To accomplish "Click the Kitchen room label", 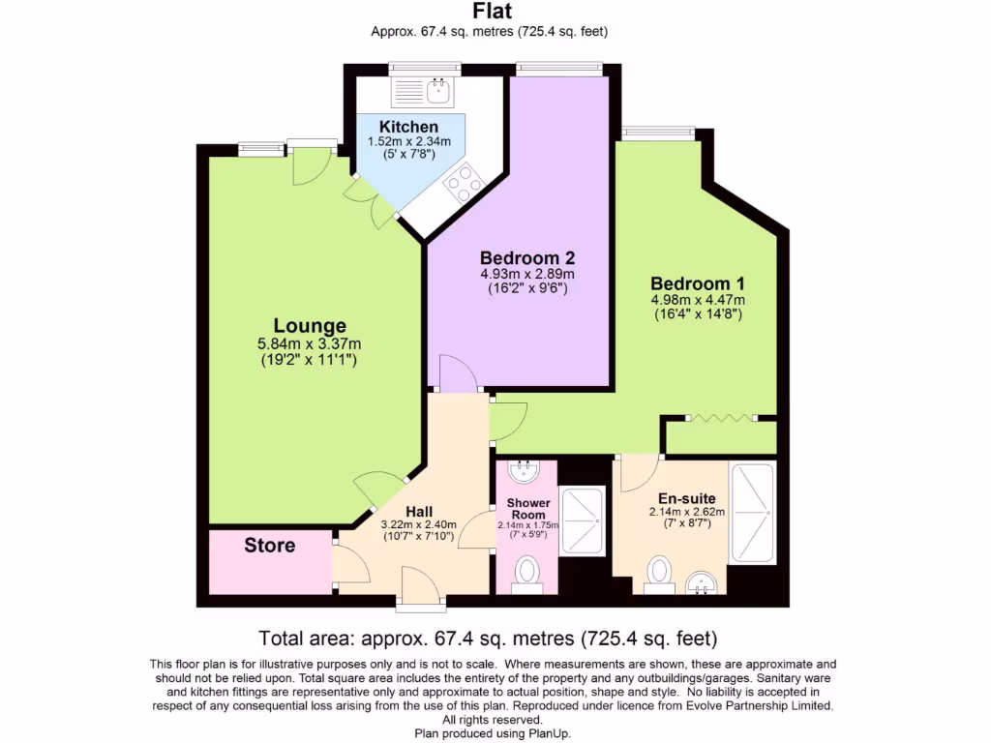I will [x=408, y=127].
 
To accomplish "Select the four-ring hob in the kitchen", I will [x=464, y=181].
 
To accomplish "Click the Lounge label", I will [x=310, y=326].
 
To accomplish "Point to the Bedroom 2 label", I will [x=527, y=258].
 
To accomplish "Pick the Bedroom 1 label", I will [x=697, y=283].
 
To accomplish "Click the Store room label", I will [x=269, y=546].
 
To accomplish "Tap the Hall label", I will [x=419, y=512].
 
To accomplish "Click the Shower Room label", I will [x=528, y=509].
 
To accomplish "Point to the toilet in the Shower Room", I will [x=527, y=572].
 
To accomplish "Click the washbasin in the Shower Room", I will [x=526, y=472].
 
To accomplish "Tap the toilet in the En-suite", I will [x=660, y=572].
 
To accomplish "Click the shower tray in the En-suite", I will [x=752, y=513].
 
